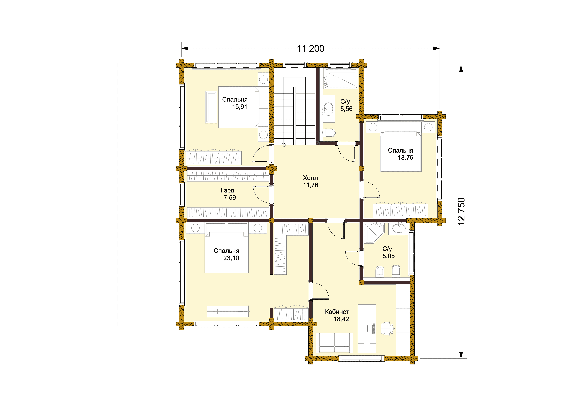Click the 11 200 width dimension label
(x=310, y=48)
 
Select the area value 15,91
(x=240, y=107)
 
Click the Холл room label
(x=310, y=178)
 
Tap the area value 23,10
(x=231, y=258)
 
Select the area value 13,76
(x=405, y=158)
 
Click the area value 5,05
(x=388, y=256)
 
